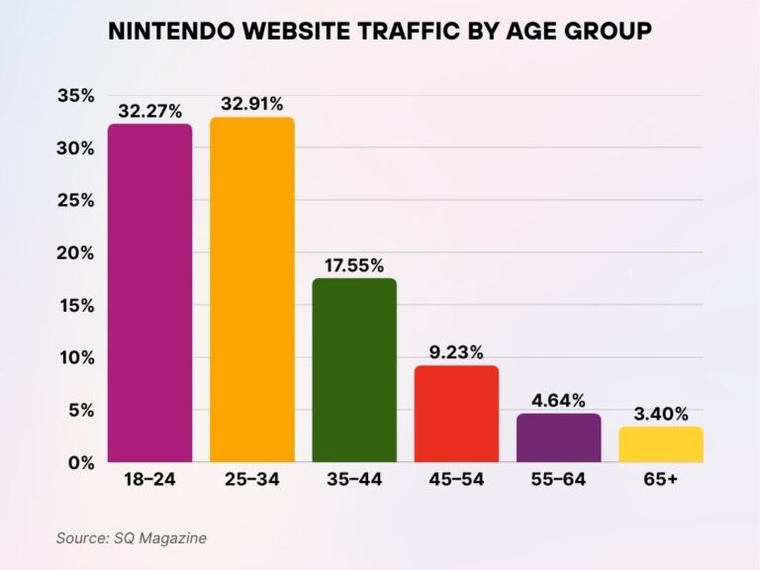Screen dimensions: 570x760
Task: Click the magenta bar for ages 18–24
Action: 149,293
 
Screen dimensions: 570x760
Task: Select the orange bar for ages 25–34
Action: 251,290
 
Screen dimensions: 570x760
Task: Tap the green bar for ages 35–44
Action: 354,370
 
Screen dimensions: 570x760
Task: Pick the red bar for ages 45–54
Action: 456,414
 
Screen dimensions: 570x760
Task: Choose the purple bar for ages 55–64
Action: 558,437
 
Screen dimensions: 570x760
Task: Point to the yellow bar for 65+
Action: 660,444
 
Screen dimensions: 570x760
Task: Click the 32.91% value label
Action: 251,104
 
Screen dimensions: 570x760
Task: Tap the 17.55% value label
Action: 354,265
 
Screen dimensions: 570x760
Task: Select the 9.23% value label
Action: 456,352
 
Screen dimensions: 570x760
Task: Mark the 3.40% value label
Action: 660,415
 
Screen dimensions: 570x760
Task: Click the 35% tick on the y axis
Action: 76,96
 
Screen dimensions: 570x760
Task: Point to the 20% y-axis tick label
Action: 76,253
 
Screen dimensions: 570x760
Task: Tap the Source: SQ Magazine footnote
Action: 131,537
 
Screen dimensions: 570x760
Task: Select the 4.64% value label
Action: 558,401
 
